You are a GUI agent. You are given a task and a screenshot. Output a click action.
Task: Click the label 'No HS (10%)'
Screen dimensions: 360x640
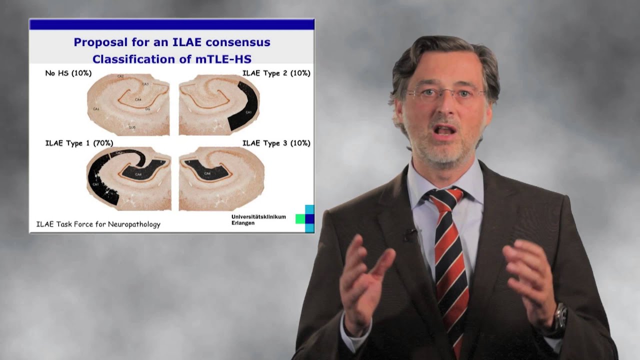click(68, 73)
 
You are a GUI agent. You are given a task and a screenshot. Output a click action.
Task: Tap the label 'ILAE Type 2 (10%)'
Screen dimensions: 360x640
click(276, 73)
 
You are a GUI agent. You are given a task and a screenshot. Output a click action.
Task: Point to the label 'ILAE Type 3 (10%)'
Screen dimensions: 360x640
click(276, 143)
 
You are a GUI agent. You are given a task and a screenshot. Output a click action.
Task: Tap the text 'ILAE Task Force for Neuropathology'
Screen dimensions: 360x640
click(98, 224)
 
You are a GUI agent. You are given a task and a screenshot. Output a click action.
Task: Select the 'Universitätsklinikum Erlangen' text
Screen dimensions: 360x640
click(258, 219)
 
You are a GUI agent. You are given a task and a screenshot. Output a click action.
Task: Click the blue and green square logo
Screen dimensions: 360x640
click(305, 218)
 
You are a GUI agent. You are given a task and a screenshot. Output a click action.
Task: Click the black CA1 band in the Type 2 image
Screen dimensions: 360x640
click(248, 110)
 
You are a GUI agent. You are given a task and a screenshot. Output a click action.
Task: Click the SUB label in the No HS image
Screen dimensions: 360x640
click(132, 127)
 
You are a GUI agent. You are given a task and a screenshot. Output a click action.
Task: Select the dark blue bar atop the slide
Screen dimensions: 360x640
click(171, 24)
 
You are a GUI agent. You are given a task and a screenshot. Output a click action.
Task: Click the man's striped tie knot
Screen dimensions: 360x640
click(442, 196)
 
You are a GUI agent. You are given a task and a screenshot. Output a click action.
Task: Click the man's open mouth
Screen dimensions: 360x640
click(445, 131)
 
